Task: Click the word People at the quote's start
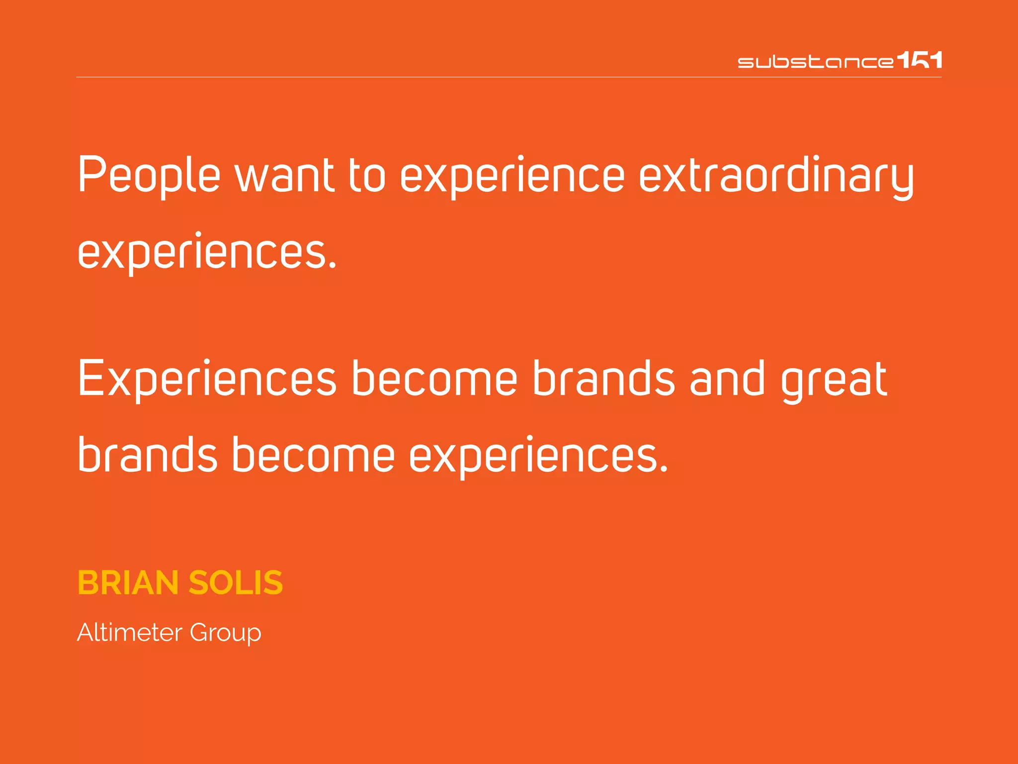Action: (149, 175)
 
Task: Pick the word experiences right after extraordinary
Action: (207, 252)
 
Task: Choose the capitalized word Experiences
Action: (207, 379)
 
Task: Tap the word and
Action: (727, 379)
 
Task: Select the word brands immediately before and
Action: (603, 379)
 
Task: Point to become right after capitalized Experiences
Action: (434, 379)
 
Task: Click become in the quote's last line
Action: (313, 455)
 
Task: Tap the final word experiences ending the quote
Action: (538, 456)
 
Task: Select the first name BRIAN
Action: (128, 582)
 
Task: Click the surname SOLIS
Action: (236, 582)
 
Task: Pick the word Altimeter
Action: (130, 633)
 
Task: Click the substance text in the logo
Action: (815, 62)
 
